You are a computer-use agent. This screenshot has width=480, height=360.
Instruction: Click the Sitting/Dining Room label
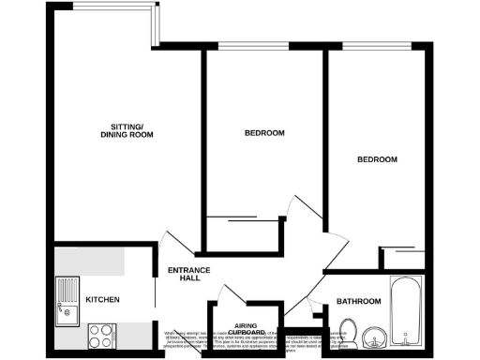(127, 131)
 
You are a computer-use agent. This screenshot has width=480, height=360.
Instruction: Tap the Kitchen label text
(101, 300)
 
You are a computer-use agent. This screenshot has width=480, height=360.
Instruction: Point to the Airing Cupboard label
(248, 328)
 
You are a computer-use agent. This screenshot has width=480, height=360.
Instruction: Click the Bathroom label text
(359, 301)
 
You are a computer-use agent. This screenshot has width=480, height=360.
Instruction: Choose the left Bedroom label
(264, 133)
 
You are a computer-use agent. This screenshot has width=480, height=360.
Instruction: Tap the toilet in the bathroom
(349, 331)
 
